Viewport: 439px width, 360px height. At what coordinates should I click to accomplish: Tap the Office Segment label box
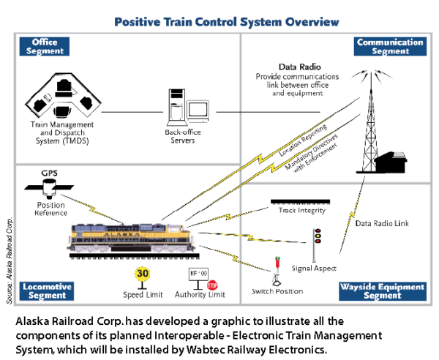[x=45, y=47]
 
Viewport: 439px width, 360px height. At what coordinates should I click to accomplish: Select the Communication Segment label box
[x=391, y=47]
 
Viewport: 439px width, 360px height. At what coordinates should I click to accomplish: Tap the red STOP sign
[x=212, y=285]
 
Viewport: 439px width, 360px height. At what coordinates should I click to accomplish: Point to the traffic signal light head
[x=317, y=236]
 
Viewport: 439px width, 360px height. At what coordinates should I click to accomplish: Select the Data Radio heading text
[x=297, y=67]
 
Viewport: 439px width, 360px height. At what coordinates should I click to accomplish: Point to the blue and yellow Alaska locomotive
[x=132, y=238]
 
